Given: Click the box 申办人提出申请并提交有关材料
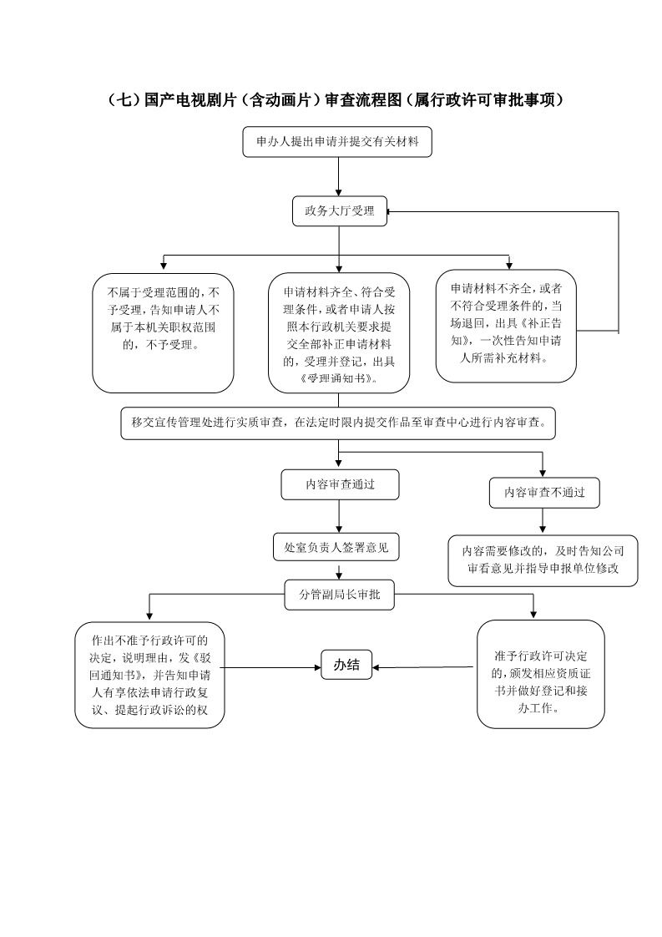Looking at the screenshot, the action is click(x=337, y=142).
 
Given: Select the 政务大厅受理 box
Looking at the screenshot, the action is click(x=340, y=211).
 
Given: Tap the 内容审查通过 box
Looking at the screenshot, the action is click(x=340, y=484).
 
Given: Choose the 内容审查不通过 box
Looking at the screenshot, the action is click(x=544, y=493).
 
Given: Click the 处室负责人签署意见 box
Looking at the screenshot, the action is click(x=336, y=547).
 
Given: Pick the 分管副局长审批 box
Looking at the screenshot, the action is click(x=340, y=595).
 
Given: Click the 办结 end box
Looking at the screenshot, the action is click(x=346, y=665).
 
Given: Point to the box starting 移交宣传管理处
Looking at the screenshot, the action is click(x=338, y=423).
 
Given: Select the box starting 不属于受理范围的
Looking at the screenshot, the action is click(x=163, y=333).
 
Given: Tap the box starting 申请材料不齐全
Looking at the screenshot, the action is click(x=506, y=327).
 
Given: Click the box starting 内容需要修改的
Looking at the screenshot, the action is click(x=543, y=560).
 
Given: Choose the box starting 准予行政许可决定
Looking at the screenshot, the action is click(x=541, y=674).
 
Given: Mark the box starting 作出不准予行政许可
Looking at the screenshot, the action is click(x=149, y=676).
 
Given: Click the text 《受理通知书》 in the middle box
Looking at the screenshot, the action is click(x=337, y=379).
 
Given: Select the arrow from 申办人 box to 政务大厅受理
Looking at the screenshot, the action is click(x=339, y=177).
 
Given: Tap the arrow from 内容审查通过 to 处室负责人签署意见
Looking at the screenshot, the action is click(x=340, y=516).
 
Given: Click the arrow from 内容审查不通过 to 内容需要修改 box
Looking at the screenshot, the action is click(x=543, y=521).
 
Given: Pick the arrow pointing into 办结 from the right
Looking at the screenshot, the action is click(x=424, y=667).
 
